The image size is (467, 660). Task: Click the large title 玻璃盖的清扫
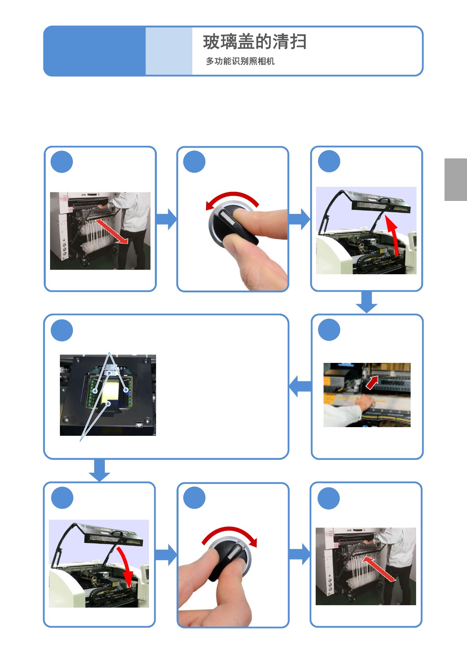[x=255, y=42]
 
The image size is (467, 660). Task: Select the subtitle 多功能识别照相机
[x=240, y=61]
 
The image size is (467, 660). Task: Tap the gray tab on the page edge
[x=456, y=179]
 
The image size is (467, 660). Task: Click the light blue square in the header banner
[x=169, y=51]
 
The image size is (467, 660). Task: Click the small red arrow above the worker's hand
[x=372, y=383]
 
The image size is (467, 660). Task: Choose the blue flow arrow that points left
[x=300, y=386]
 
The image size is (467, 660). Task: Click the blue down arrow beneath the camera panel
[x=100, y=470]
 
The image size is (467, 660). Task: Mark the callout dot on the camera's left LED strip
[x=95, y=391]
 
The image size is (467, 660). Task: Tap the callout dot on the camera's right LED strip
[x=126, y=390]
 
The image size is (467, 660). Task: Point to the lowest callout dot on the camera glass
[x=108, y=403]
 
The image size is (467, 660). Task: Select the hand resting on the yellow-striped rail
[x=364, y=401]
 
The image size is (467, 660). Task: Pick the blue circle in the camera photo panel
[x=62, y=330]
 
